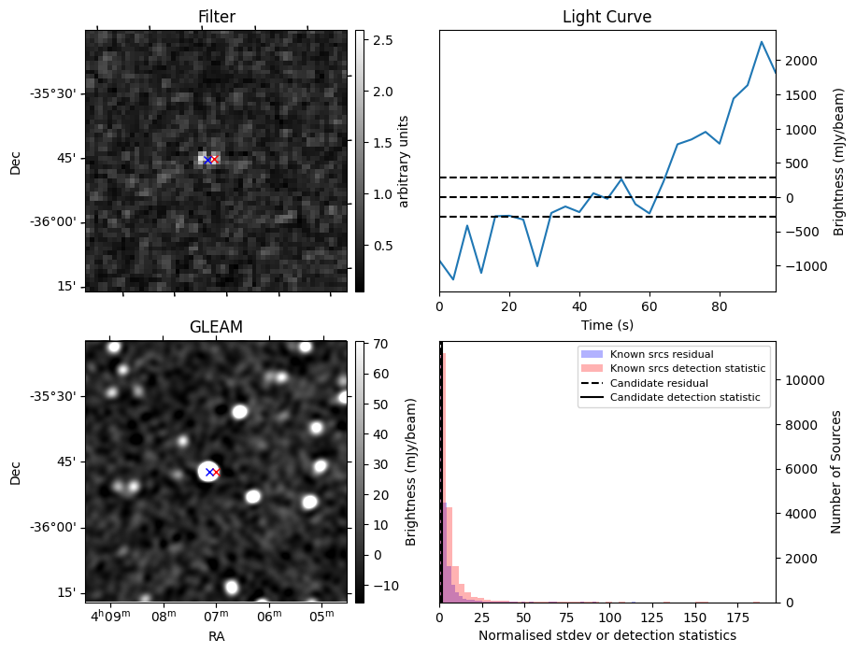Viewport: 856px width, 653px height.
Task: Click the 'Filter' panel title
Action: tap(216, 17)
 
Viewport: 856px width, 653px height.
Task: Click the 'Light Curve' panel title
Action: tap(606, 17)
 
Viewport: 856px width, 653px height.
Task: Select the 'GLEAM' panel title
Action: tap(216, 327)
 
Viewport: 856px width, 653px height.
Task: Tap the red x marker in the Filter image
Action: tap(214, 160)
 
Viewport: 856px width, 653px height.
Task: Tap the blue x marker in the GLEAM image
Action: tap(208, 472)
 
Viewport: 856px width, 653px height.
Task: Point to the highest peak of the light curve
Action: tap(762, 42)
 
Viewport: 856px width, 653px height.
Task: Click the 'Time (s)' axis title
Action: tap(606, 323)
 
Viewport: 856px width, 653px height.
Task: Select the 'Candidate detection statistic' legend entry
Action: tap(685, 398)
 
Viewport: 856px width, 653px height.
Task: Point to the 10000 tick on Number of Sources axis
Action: tap(803, 380)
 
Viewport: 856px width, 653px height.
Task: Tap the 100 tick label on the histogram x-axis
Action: tap(610, 618)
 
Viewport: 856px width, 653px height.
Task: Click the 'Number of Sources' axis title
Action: tap(836, 472)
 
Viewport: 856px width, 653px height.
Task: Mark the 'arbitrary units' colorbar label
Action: tap(404, 161)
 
